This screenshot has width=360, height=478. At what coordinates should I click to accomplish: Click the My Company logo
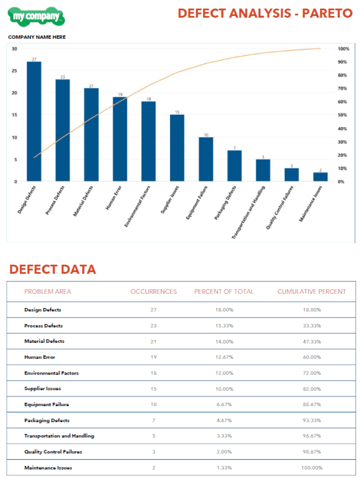coord(36,17)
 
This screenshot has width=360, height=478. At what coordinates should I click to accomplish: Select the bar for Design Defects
coord(34,121)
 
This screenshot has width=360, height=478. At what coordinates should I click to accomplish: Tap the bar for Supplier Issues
coord(177,148)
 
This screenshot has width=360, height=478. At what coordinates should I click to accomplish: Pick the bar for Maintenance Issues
coord(320,177)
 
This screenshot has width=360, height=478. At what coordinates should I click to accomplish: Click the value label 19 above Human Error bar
coord(120,95)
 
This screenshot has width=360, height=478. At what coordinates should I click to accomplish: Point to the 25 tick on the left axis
coord(15,71)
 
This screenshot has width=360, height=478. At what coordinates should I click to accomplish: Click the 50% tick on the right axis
coord(343,115)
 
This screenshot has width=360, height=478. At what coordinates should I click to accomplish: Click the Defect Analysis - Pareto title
coord(265,13)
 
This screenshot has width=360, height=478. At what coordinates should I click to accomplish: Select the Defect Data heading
coord(52,270)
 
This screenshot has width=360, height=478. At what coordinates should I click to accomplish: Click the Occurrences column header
coord(154,291)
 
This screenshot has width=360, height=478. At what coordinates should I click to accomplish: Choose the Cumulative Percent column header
coord(311,291)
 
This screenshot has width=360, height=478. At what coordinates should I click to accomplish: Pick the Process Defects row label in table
coord(43,325)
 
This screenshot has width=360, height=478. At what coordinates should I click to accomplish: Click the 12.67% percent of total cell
coord(224,357)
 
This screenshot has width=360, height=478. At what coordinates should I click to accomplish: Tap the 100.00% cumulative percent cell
coord(311,468)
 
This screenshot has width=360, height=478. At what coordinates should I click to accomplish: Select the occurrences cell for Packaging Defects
coord(154,420)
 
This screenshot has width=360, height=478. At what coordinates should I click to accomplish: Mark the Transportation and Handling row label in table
coord(59,436)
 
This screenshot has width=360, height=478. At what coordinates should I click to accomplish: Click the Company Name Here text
coord(37,37)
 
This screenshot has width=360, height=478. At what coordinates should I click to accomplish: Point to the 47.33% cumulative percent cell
coord(311,341)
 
